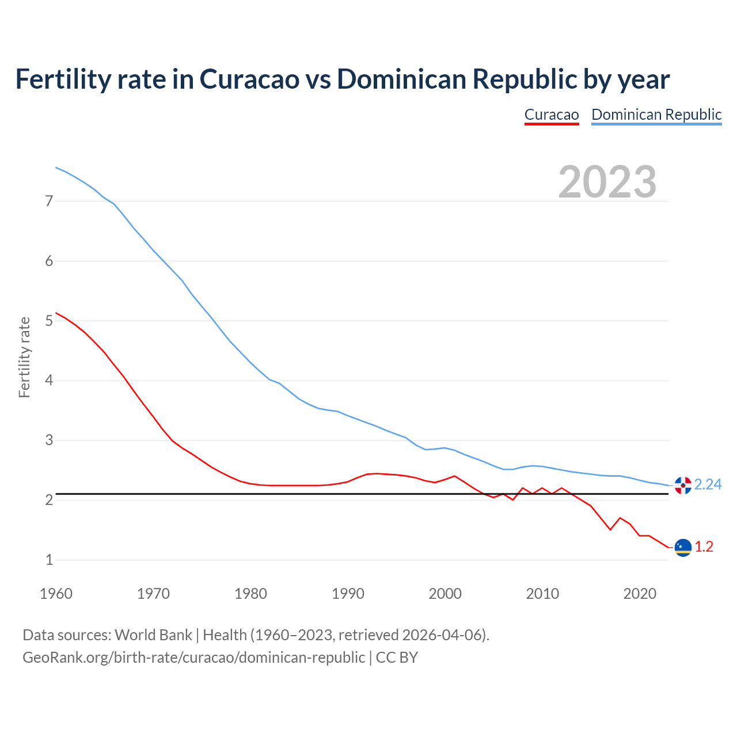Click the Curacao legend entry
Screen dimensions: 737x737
(551, 115)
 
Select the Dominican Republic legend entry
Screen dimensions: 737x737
(656, 115)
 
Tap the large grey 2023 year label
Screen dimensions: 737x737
(607, 182)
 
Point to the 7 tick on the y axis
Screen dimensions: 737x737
(49, 202)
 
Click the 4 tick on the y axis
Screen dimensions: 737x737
(49, 381)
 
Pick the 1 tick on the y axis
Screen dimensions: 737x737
(49, 560)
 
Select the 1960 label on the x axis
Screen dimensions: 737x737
(56, 594)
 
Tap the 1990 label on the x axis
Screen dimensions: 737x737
(348, 594)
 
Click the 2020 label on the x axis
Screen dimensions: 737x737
(640, 594)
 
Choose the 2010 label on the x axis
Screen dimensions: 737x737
(542, 594)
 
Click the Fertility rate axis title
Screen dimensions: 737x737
(24, 357)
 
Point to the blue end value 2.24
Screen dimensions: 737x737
(708, 485)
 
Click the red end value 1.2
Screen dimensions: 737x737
(704, 547)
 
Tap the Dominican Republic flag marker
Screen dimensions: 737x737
(683, 485)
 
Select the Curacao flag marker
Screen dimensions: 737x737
(683, 548)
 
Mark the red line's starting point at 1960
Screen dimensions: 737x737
(56, 313)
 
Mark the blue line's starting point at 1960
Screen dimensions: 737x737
(56, 168)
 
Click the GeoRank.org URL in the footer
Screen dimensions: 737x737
(193, 658)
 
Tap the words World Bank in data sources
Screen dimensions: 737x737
(153, 635)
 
